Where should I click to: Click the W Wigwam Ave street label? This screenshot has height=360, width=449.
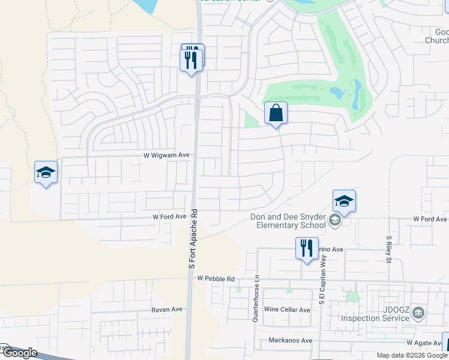click(167, 155)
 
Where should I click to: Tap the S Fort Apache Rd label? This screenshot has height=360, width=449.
click(193, 239)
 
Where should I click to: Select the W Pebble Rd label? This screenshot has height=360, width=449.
click(215, 279)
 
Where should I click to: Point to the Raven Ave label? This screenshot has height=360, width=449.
click(167, 310)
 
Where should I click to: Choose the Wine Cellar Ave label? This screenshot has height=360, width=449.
click(287, 310)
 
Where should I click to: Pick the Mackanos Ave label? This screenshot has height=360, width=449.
click(291, 340)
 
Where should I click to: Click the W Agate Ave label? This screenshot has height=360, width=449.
click(424, 343)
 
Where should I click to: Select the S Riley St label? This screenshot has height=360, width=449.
click(389, 249)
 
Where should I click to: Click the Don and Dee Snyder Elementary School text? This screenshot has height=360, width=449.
click(285, 221)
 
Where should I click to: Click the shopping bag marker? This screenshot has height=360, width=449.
click(276, 113)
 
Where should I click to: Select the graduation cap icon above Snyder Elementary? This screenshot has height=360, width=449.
click(344, 201)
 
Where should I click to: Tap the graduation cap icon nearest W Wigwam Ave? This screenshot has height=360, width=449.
click(46, 172)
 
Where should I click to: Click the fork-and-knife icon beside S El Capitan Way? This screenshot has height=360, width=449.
click(307, 248)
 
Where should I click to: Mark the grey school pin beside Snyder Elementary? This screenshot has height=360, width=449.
click(335, 221)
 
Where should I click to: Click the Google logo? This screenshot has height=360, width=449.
click(19, 353)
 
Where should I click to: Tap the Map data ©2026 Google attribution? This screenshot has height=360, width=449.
click(412, 355)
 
